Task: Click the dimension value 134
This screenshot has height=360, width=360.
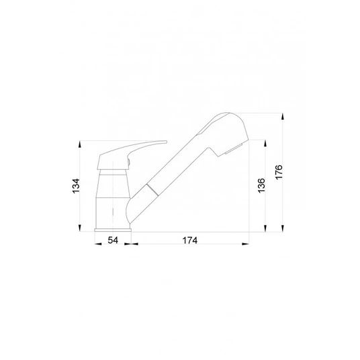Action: click(x=76, y=186)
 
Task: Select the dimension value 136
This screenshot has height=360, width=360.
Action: click(x=261, y=185)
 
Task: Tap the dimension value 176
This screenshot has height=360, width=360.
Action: click(x=279, y=172)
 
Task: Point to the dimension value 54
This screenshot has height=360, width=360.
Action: click(x=113, y=240)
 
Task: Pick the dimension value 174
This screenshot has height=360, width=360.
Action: click(x=190, y=240)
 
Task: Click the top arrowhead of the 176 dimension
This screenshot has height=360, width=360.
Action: click(x=283, y=116)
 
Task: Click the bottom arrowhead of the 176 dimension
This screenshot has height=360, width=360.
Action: click(x=283, y=228)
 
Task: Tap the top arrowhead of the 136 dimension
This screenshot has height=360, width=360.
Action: click(x=265, y=143)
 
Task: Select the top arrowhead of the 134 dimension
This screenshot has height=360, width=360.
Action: click(x=80, y=144)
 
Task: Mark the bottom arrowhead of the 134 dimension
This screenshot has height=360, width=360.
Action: click(x=80, y=228)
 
